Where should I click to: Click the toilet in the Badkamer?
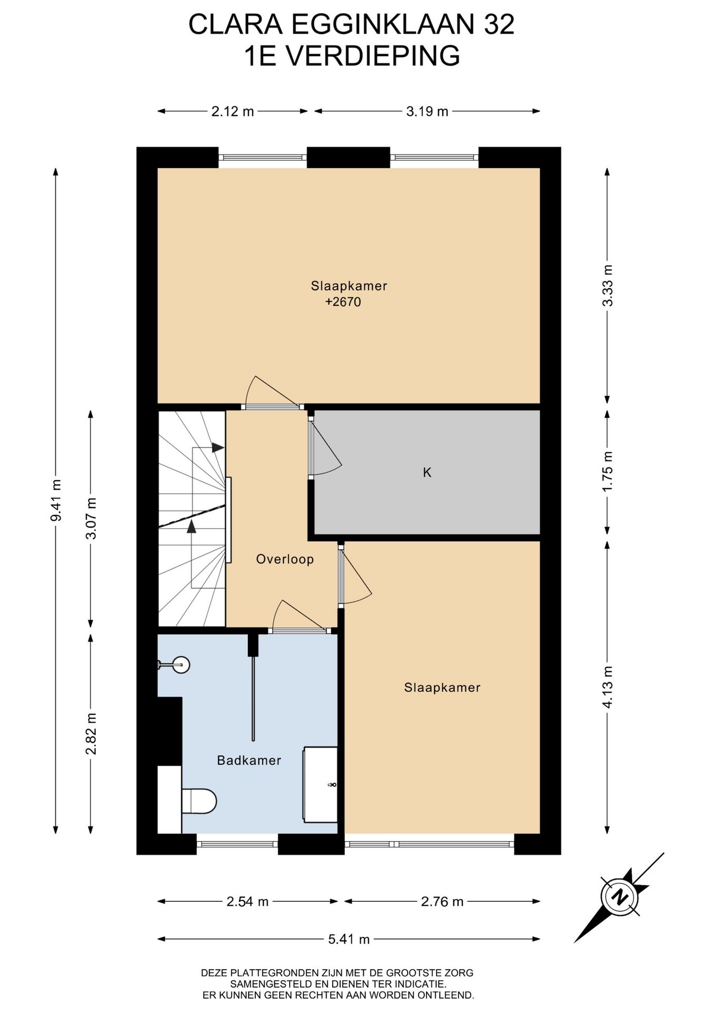click(x=198, y=801)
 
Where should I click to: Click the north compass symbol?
click(x=619, y=897)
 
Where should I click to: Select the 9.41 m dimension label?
click(x=56, y=500)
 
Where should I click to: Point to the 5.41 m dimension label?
click(x=349, y=939)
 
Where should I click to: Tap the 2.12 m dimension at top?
click(x=233, y=111)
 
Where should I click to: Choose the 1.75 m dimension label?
click(x=608, y=471)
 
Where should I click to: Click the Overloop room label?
click(x=285, y=559)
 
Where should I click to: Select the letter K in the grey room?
click(x=427, y=472)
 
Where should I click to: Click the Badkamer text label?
click(x=249, y=760)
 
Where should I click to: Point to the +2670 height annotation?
click(x=343, y=302)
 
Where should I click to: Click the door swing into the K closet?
click(x=325, y=446)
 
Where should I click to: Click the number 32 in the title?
click(x=499, y=25)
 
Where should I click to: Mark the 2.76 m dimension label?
click(x=442, y=902)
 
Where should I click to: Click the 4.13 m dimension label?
click(x=608, y=687)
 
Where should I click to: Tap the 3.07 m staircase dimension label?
click(x=91, y=518)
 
